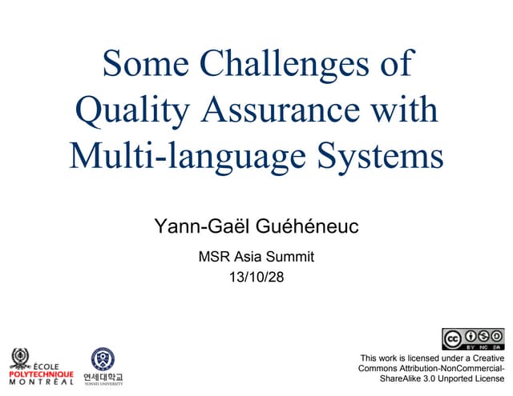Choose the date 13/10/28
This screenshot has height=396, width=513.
coord(256,278)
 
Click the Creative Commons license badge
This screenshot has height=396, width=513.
coord(473,339)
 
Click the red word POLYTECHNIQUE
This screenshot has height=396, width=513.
coord(41,374)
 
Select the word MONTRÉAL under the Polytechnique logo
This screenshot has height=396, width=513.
coord(41,382)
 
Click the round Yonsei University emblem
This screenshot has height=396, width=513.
coord(103,359)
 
